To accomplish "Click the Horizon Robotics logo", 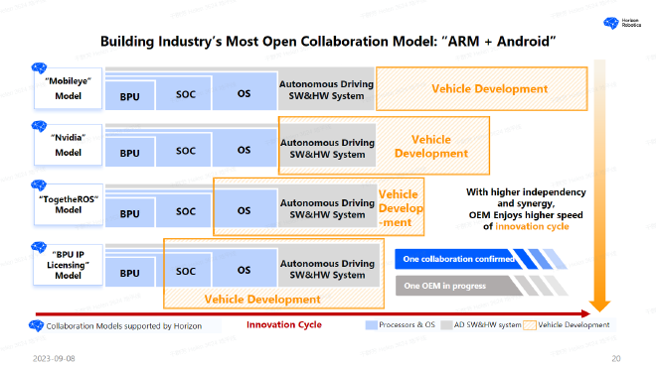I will point(618,23).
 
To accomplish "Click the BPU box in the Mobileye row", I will point(130,97).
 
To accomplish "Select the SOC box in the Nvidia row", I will point(186,152).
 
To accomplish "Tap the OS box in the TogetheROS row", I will point(244,211).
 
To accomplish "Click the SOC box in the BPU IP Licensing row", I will point(186,270).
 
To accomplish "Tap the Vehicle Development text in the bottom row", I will point(262,299).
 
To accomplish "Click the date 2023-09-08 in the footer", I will point(52,356).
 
